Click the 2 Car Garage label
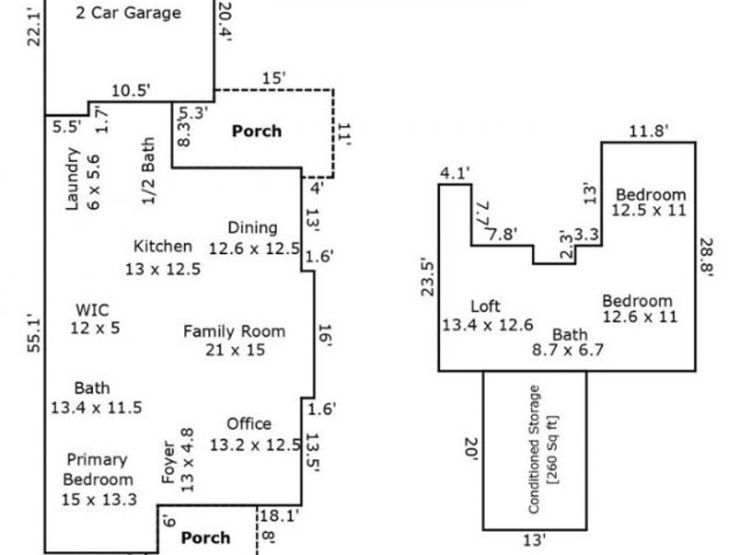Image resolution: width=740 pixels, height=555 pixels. [128, 12]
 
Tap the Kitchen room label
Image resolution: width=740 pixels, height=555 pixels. [163, 246]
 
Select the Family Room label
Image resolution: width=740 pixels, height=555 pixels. [234, 331]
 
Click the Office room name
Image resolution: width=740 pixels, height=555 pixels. [249, 423]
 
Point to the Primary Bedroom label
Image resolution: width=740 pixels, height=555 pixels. [98, 469]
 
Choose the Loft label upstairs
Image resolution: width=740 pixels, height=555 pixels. [486, 307]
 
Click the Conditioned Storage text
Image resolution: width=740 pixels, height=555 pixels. [534, 449]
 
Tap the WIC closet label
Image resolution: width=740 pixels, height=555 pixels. [92, 310]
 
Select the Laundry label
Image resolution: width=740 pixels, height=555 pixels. [72, 179]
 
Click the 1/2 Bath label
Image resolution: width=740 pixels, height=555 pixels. [149, 171]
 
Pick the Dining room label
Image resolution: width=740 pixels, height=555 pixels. [252, 228]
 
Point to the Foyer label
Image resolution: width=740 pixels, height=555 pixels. [169, 462]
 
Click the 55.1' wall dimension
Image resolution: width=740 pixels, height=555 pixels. [35, 333]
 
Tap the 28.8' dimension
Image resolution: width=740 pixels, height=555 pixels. [706, 257]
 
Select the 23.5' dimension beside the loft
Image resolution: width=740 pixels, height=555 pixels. [428, 277]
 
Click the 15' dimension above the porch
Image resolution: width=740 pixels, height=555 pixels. [274, 78]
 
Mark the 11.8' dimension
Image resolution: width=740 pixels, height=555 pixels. [649, 131]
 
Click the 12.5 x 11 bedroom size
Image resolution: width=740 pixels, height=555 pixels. [649, 210]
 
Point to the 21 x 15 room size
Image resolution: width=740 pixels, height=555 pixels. [235, 350]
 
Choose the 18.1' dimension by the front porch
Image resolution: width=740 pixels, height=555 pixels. [280, 516]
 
